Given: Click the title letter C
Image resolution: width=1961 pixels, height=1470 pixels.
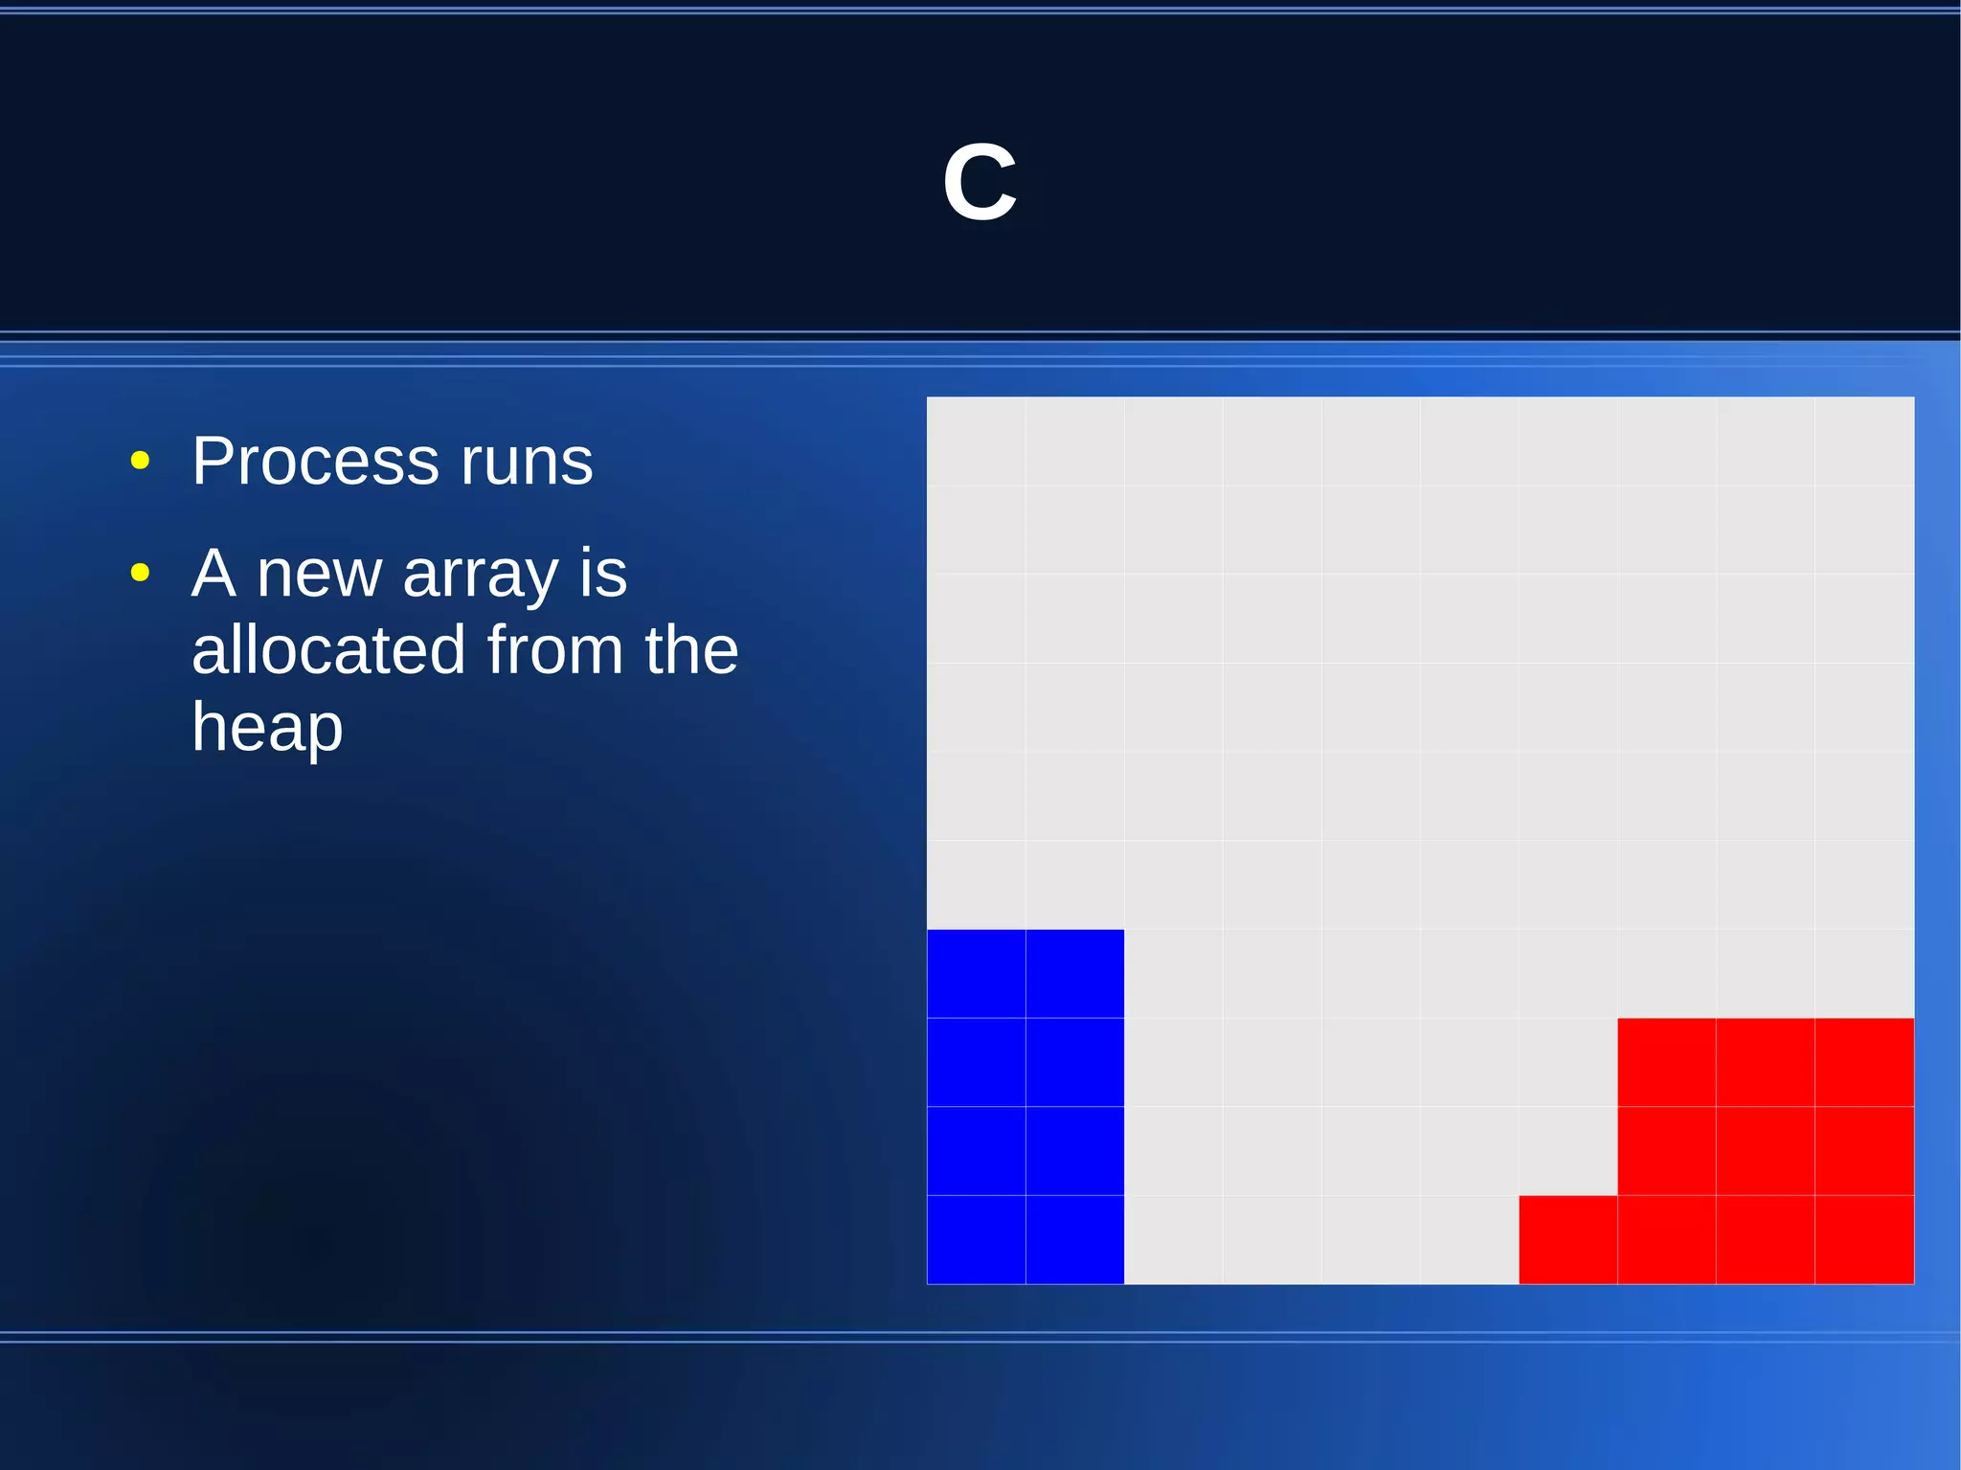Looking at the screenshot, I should (x=980, y=182).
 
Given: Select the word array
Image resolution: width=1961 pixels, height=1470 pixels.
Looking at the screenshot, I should (x=481, y=575).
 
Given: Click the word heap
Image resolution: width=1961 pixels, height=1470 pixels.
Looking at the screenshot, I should (x=267, y=728).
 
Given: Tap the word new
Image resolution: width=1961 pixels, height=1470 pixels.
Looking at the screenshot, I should (x=319, y=575).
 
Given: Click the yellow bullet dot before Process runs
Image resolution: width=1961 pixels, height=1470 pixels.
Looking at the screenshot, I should (x=141, y=461).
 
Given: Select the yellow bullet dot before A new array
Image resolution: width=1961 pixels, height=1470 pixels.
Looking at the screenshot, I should (x=141, y=573).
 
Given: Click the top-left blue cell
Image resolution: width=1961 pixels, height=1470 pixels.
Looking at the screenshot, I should (x=976, y=973).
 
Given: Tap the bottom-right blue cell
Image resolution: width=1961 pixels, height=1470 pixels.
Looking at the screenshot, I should (x=1074, y=1239).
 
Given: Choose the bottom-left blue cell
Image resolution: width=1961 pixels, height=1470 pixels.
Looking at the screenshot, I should (x=976, y=1239).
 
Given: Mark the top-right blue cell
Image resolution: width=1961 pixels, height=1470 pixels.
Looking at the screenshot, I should (x=1074, y=973).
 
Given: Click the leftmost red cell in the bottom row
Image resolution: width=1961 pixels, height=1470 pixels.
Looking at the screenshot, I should (x=1567, y=1239).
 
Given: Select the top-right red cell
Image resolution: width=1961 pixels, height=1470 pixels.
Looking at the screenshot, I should (x=1863, y=1062).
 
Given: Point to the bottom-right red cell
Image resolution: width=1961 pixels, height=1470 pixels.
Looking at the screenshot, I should (x=1863, y=1239).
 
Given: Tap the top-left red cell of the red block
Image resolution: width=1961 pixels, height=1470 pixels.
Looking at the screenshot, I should (x=1666, y=1062).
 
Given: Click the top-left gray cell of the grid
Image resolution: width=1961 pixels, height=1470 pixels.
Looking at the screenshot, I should (x=976, y=441).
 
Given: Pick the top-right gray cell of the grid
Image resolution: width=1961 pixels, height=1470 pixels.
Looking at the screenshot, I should (x=1863, y=441).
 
